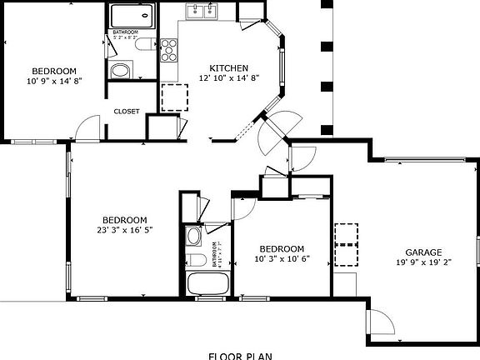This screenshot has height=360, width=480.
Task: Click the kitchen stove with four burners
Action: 169,50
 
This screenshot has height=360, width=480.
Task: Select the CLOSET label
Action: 127,111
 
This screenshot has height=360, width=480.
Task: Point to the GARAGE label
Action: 423,252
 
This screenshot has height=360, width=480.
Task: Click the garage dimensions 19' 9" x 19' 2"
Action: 423,262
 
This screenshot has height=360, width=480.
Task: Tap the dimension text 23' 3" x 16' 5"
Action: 125,229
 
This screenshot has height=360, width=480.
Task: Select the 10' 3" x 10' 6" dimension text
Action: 281,258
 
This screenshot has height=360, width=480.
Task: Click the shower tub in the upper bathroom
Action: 132,17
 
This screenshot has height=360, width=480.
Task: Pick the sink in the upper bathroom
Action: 121,70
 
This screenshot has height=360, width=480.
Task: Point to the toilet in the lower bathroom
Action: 193,236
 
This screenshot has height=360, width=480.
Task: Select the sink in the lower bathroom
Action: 194,258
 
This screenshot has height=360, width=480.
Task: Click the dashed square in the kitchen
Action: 174,97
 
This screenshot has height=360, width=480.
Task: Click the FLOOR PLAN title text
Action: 240,355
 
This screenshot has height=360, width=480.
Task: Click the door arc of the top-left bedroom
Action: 87,128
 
